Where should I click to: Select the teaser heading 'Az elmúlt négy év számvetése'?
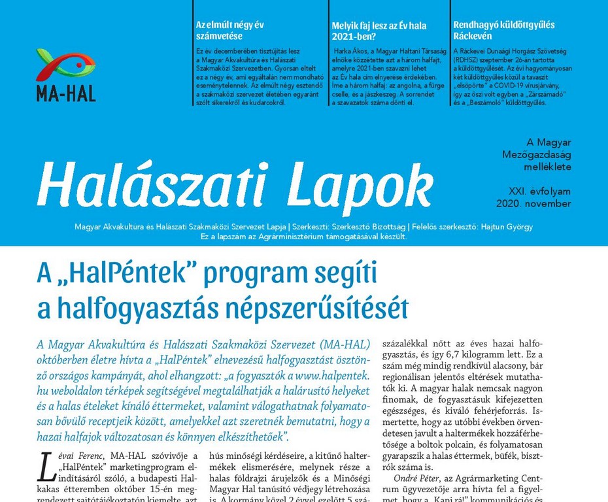click(x=229, y=31)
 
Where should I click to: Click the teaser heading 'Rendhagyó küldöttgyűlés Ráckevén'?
click(x=503, y=31)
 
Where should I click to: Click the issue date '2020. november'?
click(x=540, y=204)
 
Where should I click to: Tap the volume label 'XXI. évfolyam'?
click(x=540, y=192)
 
